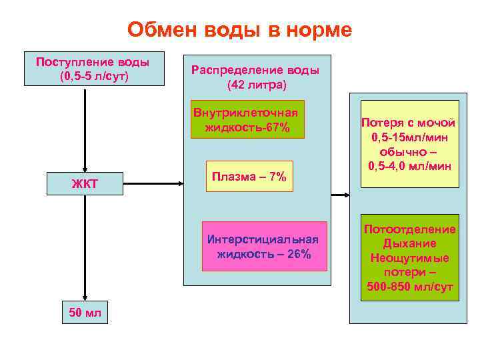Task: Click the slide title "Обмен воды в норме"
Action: tap(239, 30)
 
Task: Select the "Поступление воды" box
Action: tap(93, 69)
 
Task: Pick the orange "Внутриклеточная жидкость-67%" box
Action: tap(247, 119)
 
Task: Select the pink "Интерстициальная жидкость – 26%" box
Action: tap(265, 247)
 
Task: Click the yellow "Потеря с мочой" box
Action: tap(409, 143)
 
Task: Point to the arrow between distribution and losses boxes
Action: tap(340, 195)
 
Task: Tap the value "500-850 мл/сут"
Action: tap(409, 287)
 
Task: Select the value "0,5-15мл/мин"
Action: tap(409, 137)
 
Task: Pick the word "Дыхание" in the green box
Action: tap(409, 243)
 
